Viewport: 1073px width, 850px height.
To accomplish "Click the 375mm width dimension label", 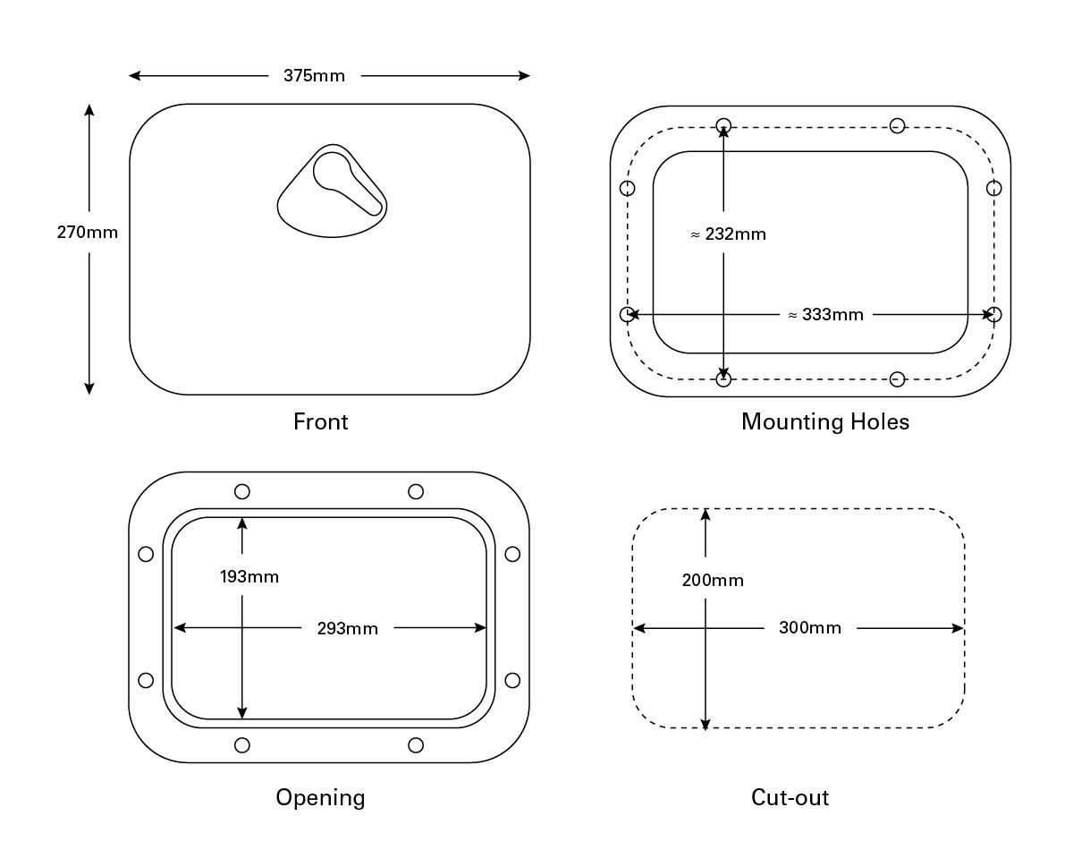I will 314,76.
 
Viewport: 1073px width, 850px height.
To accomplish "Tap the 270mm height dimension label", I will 88,233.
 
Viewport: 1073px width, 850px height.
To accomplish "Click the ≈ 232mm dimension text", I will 728,234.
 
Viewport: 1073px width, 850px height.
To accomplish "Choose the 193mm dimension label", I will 249,577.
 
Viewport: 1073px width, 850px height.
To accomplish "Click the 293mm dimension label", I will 347,629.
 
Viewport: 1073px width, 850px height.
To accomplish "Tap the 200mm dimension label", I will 713,581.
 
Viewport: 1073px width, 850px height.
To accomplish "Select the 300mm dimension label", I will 809,628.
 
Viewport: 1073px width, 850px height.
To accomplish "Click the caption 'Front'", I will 320,421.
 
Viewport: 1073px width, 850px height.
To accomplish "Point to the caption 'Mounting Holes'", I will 824,421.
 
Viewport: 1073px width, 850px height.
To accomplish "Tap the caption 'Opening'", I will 320,797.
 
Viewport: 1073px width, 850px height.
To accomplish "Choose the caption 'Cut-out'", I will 790,797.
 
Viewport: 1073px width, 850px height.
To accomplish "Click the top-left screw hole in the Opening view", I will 241,491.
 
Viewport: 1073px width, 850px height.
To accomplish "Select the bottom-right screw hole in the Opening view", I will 415,744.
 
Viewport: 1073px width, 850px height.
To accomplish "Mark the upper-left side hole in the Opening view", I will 146,554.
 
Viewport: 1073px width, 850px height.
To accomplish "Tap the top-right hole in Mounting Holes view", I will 897,126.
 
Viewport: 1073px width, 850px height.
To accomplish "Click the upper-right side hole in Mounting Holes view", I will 993,188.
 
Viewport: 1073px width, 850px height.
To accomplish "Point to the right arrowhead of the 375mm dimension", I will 525,76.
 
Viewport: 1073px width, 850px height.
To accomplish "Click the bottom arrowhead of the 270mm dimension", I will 89,387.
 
